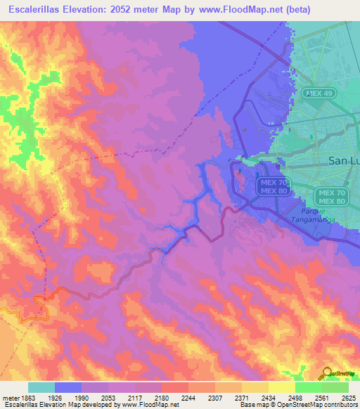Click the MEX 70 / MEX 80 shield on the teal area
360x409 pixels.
point(331,197)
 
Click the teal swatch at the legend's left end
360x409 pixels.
point(41,387)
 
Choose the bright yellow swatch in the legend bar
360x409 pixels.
point(281,387)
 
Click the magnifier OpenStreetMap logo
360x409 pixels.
point(327,373)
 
